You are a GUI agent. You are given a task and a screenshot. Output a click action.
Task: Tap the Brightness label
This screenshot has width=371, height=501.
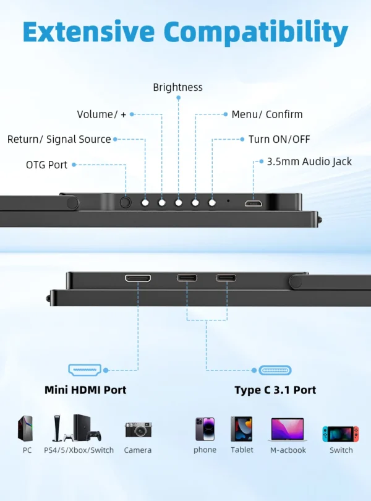[178, 87]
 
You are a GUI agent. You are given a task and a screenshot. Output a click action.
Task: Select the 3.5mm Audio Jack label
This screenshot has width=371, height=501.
[309, 161]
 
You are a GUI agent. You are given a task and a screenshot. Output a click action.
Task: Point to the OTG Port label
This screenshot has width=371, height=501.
[47, 165]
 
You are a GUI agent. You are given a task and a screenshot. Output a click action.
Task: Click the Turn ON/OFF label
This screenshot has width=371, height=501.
[279, 139]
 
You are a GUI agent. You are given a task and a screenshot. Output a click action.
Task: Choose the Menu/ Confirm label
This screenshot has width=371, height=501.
[267, 114]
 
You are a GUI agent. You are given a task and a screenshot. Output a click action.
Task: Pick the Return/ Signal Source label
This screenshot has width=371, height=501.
[59, 139]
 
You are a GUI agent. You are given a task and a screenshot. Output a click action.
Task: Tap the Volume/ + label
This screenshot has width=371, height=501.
[101, 114]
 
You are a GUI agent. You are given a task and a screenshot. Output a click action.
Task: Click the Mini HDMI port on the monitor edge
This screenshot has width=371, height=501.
[139, 278]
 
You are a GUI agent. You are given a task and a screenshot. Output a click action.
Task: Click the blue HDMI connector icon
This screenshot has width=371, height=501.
[85, 370]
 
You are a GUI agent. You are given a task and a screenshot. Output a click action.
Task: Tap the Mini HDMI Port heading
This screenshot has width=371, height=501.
[85, 390]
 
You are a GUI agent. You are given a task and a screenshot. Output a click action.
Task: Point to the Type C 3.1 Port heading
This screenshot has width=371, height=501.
[275, 390]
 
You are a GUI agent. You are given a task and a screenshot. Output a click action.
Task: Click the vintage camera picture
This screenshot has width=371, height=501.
[138, 429]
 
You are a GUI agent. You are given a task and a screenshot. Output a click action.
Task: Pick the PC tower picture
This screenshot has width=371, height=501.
[27, 428]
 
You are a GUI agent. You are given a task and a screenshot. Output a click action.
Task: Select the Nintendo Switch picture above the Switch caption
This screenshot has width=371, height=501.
[341, 434]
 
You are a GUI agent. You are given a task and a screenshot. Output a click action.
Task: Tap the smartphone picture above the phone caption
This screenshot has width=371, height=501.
[205, 429]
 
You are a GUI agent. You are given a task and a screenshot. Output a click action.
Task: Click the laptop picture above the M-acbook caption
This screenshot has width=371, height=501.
[288, 429]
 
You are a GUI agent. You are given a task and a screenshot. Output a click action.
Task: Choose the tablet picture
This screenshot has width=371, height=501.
[242, 429]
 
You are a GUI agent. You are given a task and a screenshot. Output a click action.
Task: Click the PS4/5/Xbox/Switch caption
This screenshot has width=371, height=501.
[79, 450]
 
